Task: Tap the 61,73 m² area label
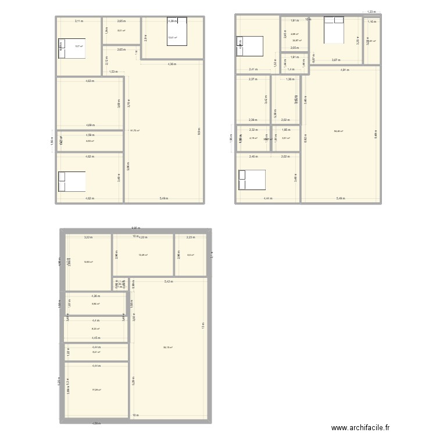click(135, 130)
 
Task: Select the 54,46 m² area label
click(338, 131)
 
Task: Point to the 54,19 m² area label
click(167, 348)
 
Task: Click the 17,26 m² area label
click(97, 390)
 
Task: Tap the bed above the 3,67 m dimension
click(335, 29)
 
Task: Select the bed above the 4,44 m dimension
click(251, 180)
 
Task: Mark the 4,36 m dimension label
click(173, 63)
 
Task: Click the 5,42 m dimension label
click(168, 281)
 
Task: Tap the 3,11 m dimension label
click(79, 22)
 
